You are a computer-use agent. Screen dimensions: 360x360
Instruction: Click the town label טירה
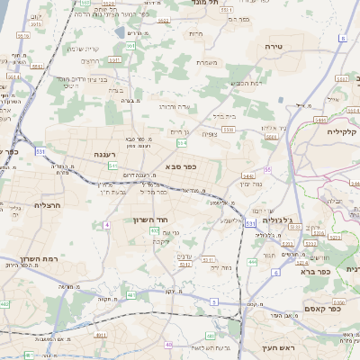coord(274,45)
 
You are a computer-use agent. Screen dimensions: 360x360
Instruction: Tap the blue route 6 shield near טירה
coord(342,39)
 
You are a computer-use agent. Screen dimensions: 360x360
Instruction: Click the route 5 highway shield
coord(214,302)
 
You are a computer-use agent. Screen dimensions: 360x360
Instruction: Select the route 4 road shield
coord(106,223)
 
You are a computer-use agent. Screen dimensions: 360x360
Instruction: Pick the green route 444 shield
coord(251,261)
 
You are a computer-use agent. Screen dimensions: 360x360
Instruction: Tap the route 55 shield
coord(268,169)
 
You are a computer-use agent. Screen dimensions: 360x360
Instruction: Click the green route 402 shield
coord(156,231)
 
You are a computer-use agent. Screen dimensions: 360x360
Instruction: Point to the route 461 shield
coord(130,294)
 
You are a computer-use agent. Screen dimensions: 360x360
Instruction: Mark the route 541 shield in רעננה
coord(113,166)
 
